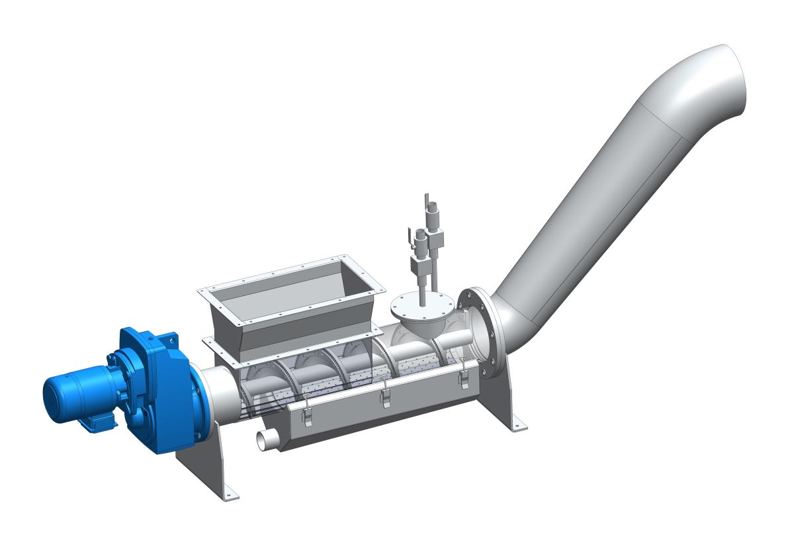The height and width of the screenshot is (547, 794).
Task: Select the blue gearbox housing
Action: tap(155, 397)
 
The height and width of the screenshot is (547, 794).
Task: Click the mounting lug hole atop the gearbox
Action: tap(173, 338)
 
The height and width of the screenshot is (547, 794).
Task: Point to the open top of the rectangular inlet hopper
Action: tap(291, 291)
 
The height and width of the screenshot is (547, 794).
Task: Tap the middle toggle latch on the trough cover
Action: tap(385, 391)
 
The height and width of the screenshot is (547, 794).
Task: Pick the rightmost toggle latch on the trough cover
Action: tap(464, 373)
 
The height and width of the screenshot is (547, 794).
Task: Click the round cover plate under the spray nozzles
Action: tap(422, 307)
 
